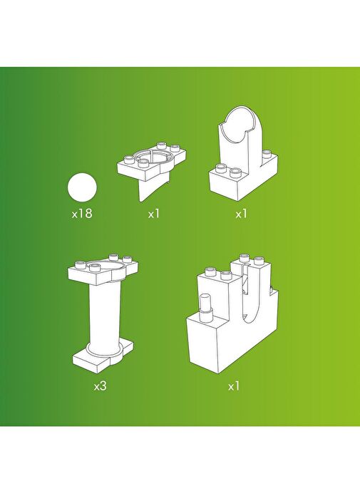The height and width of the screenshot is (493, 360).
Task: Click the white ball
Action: [82, 187]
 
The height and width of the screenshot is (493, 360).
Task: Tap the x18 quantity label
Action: [82, 214]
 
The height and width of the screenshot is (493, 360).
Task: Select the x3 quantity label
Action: [101, 386]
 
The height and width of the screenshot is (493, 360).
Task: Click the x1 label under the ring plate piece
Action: [154, 214]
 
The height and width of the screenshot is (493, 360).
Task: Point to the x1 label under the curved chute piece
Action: [242, 214]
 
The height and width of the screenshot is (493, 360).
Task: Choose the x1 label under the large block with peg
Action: [234, 386]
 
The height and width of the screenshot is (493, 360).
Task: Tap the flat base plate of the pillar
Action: [102, 357]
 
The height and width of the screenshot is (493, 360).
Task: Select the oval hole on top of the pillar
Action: [105, 268]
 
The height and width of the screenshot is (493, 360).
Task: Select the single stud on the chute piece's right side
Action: [267, 153]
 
